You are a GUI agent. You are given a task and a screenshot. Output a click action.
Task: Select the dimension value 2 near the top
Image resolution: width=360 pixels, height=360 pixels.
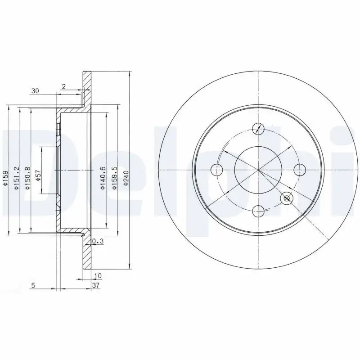click(64, 87)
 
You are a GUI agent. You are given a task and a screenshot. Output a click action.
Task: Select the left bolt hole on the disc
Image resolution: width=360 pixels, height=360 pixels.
click(217, 170)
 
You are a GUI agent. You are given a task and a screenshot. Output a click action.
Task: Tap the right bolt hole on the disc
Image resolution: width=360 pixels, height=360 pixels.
click(299, 170)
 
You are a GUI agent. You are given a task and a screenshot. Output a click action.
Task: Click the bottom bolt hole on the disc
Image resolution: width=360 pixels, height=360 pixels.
click(258, 210)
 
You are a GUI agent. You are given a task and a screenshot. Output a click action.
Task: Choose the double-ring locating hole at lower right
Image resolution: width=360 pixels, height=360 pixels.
click(287, 198)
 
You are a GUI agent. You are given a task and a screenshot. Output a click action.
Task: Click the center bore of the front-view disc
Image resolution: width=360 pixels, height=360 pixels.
click(258, 170)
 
